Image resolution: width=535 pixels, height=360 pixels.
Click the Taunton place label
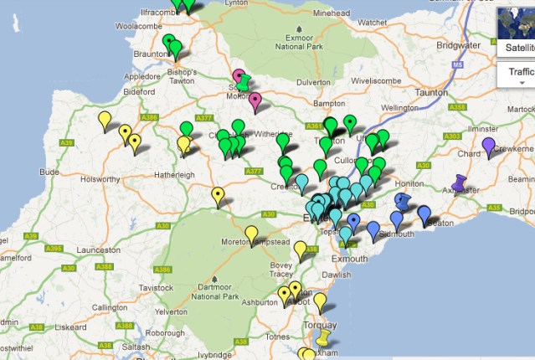tap(432, 93)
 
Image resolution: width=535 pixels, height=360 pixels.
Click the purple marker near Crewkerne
tap(488, 147)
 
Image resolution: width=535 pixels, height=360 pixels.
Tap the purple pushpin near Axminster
tap(458, 182)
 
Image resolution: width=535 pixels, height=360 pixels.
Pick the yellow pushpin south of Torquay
tap(323, 338)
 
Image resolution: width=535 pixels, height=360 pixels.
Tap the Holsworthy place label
tap(101, 178)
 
